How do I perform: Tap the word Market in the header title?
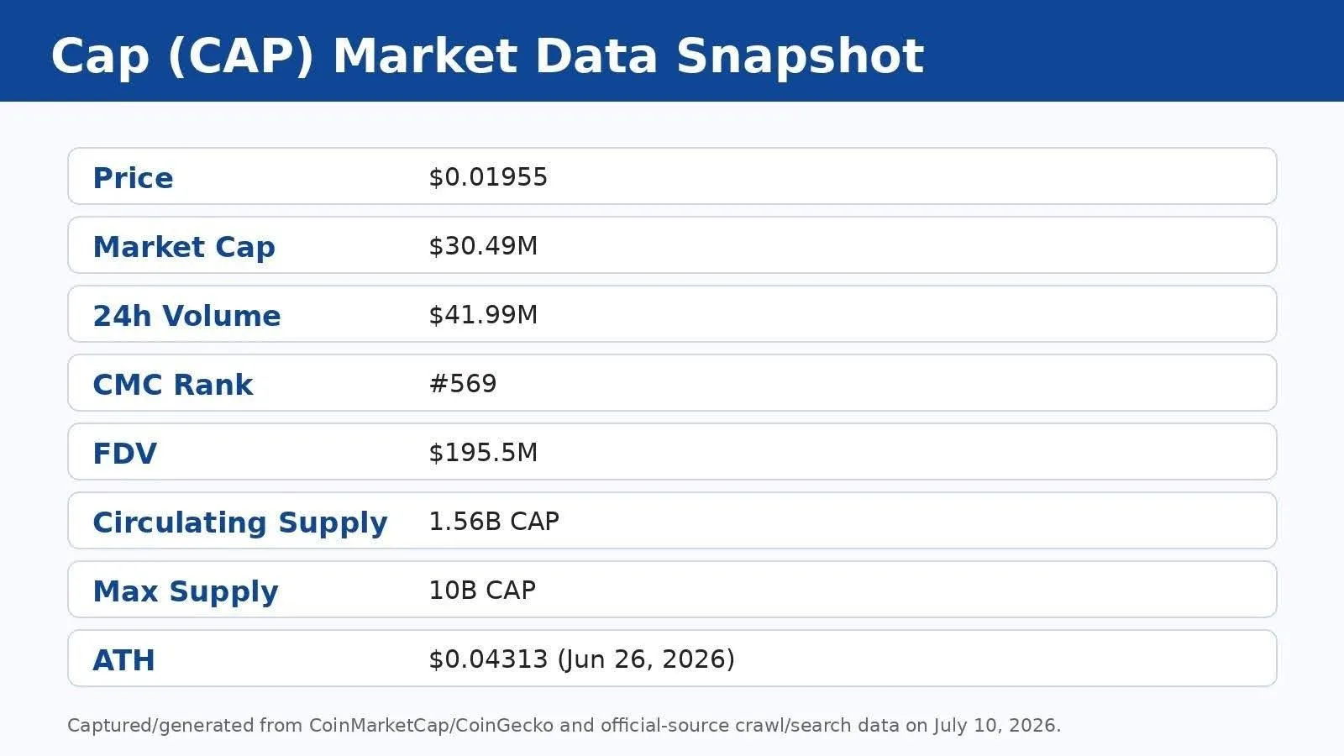pos(425,55)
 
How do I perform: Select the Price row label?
pos(134,177)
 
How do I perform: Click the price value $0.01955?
pos(488,177)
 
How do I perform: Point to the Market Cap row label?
pos(184,247)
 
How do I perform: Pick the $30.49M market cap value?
pos(483,246)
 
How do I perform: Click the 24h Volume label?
pos(186,316)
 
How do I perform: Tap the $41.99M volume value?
pos(483,314)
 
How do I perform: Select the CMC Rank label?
pos(173,385)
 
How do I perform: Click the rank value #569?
pos(463,383)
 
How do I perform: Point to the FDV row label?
pos(125,454)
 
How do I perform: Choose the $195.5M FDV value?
pos(483,453)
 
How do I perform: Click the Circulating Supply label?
pos(240,523)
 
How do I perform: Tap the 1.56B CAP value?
pos(494,522)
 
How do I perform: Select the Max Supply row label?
pos(186,592)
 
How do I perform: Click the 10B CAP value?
pos(482,591)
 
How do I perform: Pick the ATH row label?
pos(123,660)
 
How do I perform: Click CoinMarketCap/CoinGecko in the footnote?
pos(432,726)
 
